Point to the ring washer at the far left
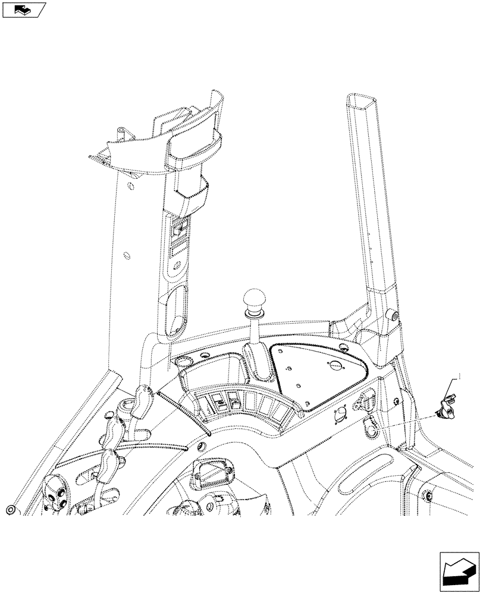11,510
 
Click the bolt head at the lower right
428,496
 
